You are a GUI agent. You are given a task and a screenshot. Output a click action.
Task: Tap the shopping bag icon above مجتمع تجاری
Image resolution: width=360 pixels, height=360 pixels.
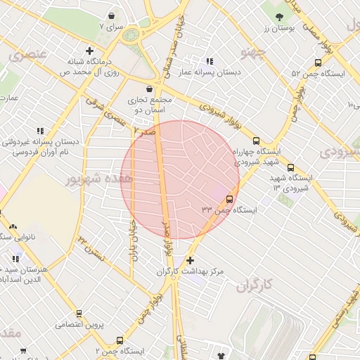click(x=149, y=89)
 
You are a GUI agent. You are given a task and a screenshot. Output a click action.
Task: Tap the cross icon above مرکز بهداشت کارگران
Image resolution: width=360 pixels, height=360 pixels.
click(x=190, y=260)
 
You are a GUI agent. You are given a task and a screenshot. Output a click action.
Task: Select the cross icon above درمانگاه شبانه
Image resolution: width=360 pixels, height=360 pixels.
click(x=89, y=50)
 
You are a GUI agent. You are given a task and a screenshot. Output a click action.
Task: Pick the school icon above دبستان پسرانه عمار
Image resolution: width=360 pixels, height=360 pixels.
click(x=210, y=60)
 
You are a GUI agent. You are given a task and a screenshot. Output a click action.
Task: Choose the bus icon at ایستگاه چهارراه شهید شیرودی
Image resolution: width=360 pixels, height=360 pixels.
click(x=256, y=140)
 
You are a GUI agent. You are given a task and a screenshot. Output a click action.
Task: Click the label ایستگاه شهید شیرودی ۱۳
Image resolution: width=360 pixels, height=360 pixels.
click(x=294, y=181)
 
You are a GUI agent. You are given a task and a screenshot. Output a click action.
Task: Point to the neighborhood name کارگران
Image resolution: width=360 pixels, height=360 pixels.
click(x=254, y=287)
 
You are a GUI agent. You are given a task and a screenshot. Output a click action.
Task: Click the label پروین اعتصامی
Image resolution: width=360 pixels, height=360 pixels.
click(x=79, y=324)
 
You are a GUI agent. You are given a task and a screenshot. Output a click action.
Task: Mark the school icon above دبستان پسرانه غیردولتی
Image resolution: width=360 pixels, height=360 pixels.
click(x=41, y=131)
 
